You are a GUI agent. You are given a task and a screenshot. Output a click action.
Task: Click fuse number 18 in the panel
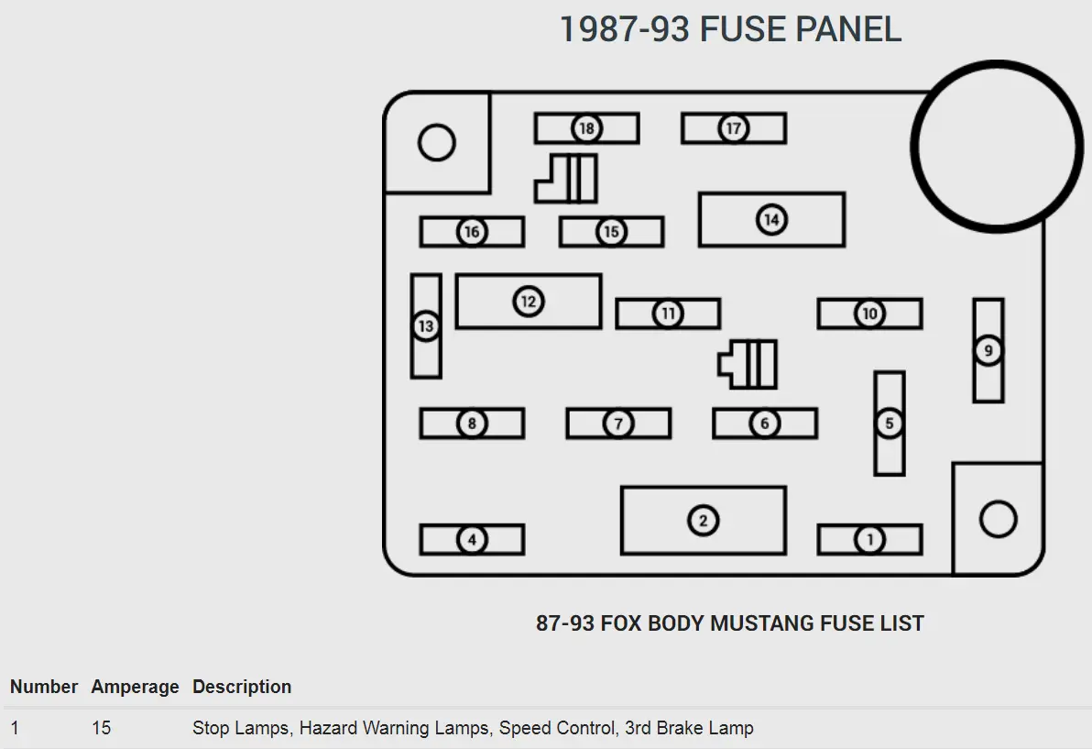point(586,128)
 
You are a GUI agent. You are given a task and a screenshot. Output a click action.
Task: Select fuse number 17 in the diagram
point(733,128)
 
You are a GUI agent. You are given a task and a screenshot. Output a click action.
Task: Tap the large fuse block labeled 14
point(771,219)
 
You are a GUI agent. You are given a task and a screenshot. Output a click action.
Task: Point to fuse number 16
point(472,231)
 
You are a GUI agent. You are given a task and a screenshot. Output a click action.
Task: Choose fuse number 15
point(611,231)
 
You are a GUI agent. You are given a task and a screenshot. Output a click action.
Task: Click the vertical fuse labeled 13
point(425,326)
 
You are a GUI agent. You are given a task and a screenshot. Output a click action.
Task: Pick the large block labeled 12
point(529,301)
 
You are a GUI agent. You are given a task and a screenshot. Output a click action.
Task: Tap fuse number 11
point(668,313)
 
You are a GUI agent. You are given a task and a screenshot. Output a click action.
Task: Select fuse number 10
point(869,313)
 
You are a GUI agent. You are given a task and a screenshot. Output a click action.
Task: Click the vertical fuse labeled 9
point(988,350)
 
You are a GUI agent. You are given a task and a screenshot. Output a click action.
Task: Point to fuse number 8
point(472,423)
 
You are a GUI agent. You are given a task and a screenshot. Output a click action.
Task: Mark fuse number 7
point(618,423)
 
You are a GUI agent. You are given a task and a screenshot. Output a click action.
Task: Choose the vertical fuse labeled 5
point(890,423)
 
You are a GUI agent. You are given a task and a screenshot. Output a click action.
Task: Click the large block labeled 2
point(704,521)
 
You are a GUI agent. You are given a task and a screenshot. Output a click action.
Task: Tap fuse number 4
point(472,539)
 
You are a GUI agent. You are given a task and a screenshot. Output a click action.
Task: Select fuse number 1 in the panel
point(869,539)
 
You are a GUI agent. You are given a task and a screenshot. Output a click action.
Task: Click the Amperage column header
point(135,687)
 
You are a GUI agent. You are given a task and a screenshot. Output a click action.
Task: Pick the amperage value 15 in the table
point(101,728)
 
